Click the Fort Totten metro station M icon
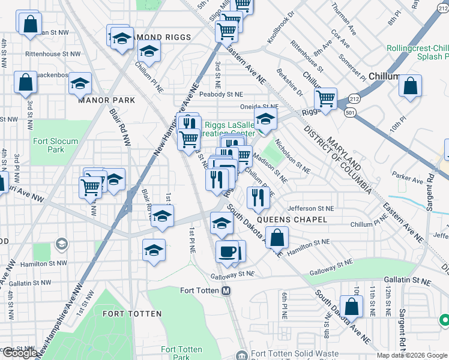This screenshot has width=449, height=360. [x=226, y=290]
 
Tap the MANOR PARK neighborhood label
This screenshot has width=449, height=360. [x=106, y=100]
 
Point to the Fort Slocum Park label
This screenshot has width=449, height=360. [x=47, y=145]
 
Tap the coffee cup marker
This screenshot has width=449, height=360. [x=227, y=251]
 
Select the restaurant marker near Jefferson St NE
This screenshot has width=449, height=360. [x=258, y=197]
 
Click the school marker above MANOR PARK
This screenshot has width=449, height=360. [x=80, y=84]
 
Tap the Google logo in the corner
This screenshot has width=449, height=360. [x=20, y=353]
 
